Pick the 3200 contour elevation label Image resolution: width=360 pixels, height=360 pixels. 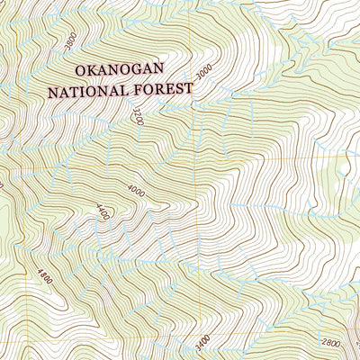point(138,116)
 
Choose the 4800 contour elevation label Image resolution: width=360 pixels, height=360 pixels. point(45,275)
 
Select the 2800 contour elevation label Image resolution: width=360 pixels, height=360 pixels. point(331,344)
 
